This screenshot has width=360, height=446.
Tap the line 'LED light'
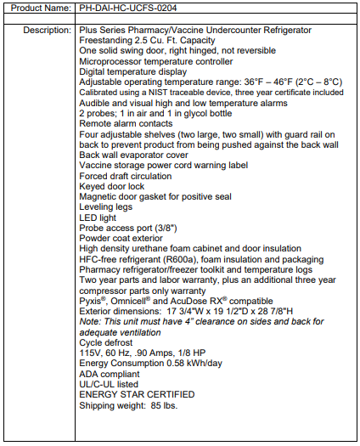(99, 217)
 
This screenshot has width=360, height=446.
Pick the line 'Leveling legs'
(108, 207)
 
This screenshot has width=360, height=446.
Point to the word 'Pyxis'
(93, 301)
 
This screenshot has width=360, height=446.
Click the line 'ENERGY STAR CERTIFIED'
(138, 394)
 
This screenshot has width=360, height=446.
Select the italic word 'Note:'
(91, 321)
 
